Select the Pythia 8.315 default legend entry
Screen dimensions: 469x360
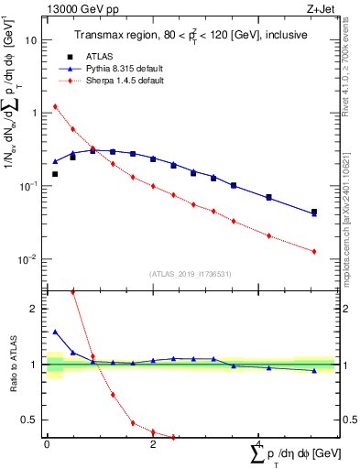[116, 68]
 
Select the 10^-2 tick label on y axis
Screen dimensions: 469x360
[29, 259]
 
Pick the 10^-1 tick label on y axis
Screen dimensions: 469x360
[29, 186]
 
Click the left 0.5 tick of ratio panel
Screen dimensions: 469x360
[32, 420]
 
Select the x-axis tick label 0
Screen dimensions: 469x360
[47, 444]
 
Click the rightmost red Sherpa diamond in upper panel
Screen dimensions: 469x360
[314, 251]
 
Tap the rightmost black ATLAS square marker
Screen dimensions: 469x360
[314, 212]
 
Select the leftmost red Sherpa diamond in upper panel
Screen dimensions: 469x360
[55, 106]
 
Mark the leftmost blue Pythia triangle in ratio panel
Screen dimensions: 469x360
[55, 332]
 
